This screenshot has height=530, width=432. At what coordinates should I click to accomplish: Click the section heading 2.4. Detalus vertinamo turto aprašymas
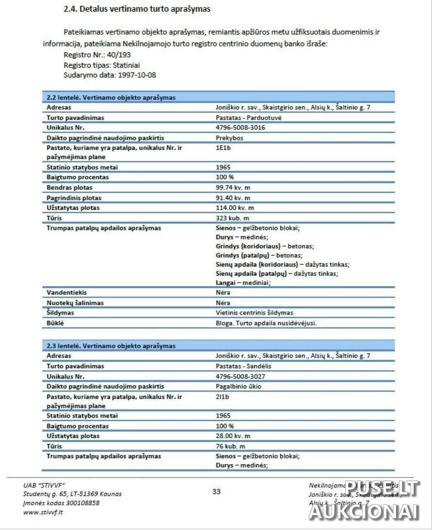click(x=137, y=9)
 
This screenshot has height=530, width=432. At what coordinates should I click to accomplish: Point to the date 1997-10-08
click(x=137, y=75)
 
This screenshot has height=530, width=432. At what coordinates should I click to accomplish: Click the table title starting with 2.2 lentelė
click(x=111, y=98)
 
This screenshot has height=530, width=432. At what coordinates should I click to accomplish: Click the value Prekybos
click(x=229, y=138)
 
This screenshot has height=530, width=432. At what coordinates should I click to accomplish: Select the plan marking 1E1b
click(x=223, y=148)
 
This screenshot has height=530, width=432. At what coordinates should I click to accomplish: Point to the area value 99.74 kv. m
click(x=233, y=188)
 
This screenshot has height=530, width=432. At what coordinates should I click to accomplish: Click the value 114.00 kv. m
click(x=235, y=208)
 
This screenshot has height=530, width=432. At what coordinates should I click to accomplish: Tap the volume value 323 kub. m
click(x=232, y=218)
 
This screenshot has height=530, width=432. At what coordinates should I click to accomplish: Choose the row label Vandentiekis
click(x=67, y=292)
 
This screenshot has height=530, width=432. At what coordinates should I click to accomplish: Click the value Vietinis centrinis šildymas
click(x=254, y=313)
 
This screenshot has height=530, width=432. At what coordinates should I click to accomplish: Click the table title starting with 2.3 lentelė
click(x=111, y=346)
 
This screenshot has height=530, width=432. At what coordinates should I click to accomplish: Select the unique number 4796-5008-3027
click(x=240, y=376)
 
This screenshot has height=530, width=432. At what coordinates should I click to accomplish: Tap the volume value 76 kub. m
click(x=230, y=446)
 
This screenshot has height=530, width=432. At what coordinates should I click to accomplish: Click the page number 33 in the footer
click(x=216, y=491)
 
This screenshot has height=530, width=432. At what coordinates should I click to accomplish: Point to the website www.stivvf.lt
click(x=43, y=512)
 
